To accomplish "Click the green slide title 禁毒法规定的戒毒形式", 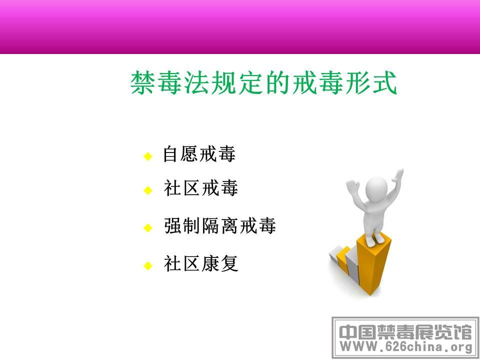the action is pyautogui.click(x=264, y=82).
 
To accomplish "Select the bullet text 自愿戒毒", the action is pyautogui.click(x=199, y=153).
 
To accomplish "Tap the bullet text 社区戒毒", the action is pyautogui.click(x=201, y=187).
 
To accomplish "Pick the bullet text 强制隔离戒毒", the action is pyautogui.click(x=220, y=225).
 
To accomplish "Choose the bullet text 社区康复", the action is pyautogui.click(x=201, y=263).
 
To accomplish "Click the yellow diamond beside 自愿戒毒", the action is pyautogui.click(x=148, y=156).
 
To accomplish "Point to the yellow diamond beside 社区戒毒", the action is pyautogui.click(x=148, y=190).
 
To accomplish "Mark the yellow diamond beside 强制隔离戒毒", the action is pyautogui.click(x=148, y=228).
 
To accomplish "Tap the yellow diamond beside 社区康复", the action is pyautogui.click(x=148, y=265).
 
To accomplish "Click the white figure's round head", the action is pyautogui.click(x=376, y=189).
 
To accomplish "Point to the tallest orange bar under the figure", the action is pyautogui.click(x=374, y=264).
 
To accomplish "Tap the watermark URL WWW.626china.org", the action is pyautogui.click(x=406, y=347).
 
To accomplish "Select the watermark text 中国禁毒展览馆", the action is pyautogui.click(x=406, y=332).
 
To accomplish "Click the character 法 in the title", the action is pyautogui.click(x=197, y=82).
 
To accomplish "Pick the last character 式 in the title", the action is pyautogui.click(x=385, y=82).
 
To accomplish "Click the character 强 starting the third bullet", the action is pyautogui.click(x=173, y=225).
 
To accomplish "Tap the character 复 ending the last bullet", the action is pyautogui.click(x=229, y=263).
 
